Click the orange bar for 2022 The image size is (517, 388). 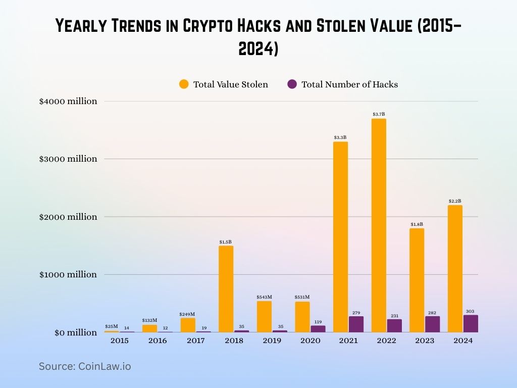(x=379, y=225)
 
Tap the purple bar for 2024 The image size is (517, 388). (x=470, y=324)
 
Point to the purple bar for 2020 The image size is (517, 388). (x=318, y=329)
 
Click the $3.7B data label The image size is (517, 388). (x=379, y=114)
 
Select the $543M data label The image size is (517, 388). (x=264, y=297)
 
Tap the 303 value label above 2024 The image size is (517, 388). (x=470, y=311)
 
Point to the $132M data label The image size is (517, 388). (x=149, y=320)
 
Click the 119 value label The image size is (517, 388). (x=318, y=321)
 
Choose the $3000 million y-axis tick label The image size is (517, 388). (x=68, y=159)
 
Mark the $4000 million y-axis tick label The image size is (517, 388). (x=68, y=101)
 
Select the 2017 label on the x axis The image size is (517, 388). (x=195, y=341)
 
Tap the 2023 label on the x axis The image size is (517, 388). (x=425, y=341)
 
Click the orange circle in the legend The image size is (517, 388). (x=184, y=84)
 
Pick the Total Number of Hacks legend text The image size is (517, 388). (x=349, y=84)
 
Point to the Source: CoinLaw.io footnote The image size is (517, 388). (x=85, y=366)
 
